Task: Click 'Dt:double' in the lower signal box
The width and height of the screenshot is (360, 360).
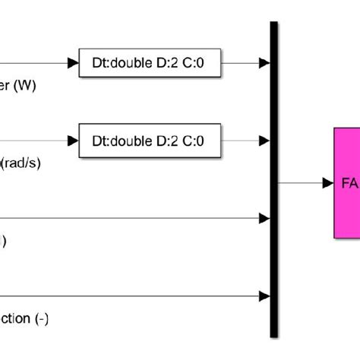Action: pos(118,141)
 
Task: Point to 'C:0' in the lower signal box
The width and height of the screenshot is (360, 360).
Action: pos(194,141)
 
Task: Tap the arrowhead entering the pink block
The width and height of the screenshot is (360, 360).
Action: pos(328,183)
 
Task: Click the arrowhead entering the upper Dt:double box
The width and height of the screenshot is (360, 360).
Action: pos(74,64)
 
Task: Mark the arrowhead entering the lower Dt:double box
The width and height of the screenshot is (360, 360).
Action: pos(74,141)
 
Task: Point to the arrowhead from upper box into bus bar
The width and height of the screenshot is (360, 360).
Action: pos(264,64)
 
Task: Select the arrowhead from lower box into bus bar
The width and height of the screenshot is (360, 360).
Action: pos(264,141)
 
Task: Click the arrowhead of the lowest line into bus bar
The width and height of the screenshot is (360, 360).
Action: pos(264,295)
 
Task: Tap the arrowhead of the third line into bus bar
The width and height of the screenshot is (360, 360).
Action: pos(264,218)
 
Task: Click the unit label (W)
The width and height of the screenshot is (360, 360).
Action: pos(25,86)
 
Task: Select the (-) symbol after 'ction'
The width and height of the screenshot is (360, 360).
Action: pos(41,318)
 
